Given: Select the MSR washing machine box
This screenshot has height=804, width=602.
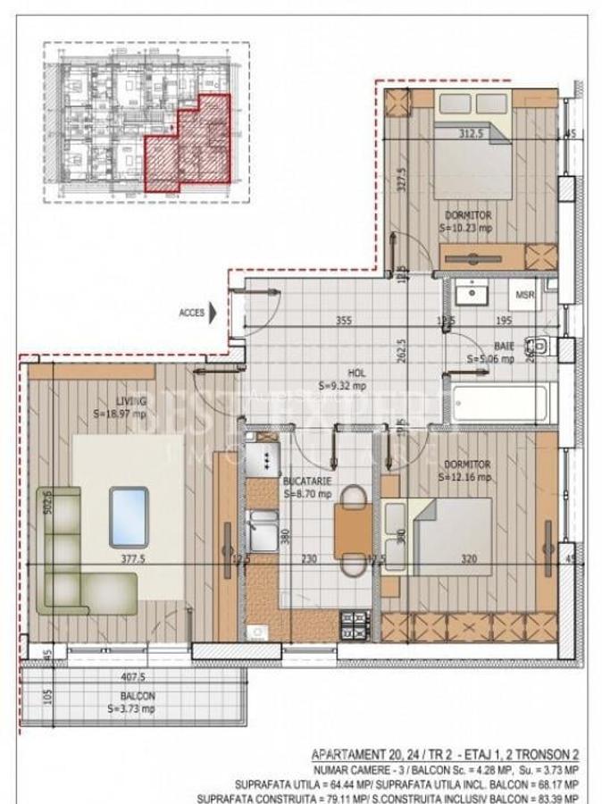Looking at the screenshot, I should tap(523, 294).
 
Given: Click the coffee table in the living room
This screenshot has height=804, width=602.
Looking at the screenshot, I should tap(129, 516).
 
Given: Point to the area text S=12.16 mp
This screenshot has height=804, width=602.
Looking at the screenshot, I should tap(465, 478).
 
